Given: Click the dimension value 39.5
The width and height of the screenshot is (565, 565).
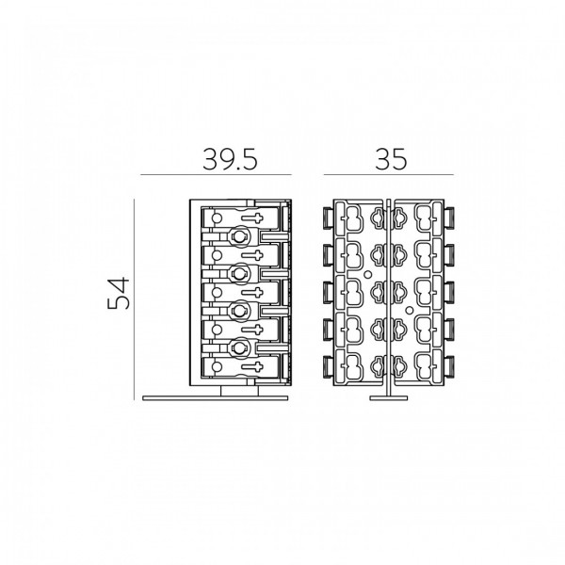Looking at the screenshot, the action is (230, 159).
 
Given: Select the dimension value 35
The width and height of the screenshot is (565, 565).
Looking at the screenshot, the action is (391, 159).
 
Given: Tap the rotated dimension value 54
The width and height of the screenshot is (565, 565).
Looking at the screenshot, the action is (119, 293).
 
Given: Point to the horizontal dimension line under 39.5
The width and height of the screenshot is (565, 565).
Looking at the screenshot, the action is (216, 175).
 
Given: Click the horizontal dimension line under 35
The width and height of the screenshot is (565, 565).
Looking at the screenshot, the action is (388, 175).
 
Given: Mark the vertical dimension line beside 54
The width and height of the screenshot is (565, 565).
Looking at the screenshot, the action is (134, 299).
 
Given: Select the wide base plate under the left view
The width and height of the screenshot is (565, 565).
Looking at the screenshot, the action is (216, 398).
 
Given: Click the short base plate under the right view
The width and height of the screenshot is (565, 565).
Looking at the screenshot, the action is (388, 398).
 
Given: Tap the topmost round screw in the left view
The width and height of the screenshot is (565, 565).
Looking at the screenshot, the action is (238, 236).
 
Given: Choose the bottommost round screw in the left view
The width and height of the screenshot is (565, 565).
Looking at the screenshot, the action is (238, 347).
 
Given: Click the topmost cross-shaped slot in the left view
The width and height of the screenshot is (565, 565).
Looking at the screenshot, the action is (252, 218).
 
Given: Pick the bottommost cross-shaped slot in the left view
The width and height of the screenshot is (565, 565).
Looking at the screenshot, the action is (252, 366).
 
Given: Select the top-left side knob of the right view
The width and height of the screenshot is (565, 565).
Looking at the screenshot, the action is (329, 218).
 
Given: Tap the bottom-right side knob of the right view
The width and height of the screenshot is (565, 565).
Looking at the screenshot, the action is (449, 366).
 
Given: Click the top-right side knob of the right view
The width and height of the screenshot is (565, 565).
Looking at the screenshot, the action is (449, 218).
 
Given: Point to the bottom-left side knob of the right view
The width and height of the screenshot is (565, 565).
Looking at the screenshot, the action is (329, 366).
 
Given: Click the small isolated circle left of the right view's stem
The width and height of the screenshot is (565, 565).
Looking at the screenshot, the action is (368, 275).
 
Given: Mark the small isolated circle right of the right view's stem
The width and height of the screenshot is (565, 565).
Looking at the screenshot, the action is (409, 310).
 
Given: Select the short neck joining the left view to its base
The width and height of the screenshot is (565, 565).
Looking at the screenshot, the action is (239, 392).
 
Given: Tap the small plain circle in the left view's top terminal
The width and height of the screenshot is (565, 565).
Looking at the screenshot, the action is (217, 218).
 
